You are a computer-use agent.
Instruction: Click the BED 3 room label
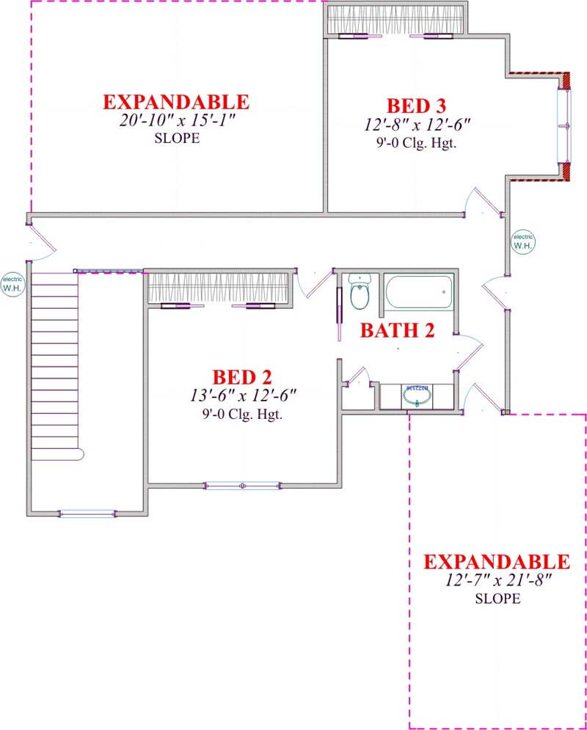(x=416, y=106)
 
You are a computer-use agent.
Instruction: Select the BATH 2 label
(x=397, y=330)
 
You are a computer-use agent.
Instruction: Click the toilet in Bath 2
(x=360, y=292)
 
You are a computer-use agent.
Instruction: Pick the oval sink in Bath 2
(x=417, y=396)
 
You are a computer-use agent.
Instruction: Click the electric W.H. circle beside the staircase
(x=12, y=282)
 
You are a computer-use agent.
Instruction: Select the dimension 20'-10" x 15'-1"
(x=175, y=120)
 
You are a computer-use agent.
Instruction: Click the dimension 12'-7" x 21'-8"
(x=496, y=580)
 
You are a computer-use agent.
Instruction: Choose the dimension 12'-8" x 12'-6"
(x=416, y=125)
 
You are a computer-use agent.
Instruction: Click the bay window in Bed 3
(x=564, y=126)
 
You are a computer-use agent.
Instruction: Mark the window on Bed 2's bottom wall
(x=242, y=485)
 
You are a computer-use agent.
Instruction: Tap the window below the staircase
(x=87, y=514)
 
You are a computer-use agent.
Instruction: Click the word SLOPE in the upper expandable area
(x=176, y=138)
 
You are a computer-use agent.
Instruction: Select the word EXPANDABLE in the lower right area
(x=496, y=562)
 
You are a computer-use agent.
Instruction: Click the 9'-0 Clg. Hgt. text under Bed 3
(x=416, y=143)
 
